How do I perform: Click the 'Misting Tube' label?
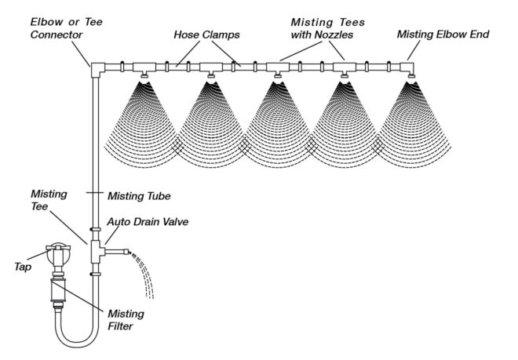137,195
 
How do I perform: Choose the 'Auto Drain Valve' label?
151,222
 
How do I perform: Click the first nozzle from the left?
144,75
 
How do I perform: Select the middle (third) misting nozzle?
278,75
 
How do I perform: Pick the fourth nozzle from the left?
345,75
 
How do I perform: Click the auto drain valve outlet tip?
128,251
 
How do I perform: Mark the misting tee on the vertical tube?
96,251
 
